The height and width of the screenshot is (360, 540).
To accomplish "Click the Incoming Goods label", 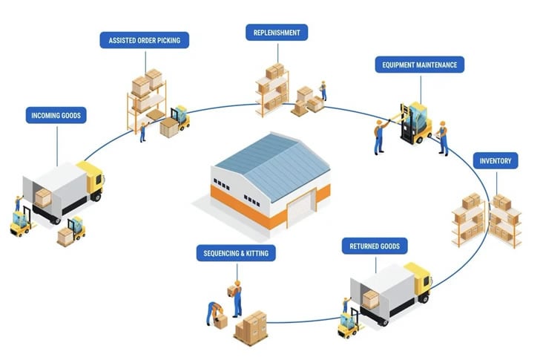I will [x=56, y=115].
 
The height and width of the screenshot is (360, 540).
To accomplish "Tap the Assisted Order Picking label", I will [x=144, y=40].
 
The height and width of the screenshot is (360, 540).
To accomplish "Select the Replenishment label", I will [x=276, y=32].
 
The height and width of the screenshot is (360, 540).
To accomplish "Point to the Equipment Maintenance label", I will [x=420, y=65].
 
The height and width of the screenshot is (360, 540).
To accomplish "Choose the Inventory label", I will [x=495, y=160].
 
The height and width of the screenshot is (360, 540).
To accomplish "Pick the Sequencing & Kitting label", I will [x=236, y=253].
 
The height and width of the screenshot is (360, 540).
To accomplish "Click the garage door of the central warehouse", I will [x=300, y=210].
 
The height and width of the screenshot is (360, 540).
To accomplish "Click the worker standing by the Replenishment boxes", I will [x=323, y=91].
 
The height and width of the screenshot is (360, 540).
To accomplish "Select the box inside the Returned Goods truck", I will [x=370, y=298].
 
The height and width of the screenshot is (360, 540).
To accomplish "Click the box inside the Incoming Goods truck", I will [x=43, y=197].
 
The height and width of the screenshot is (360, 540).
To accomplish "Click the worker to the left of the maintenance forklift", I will [x=379, y=136].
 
